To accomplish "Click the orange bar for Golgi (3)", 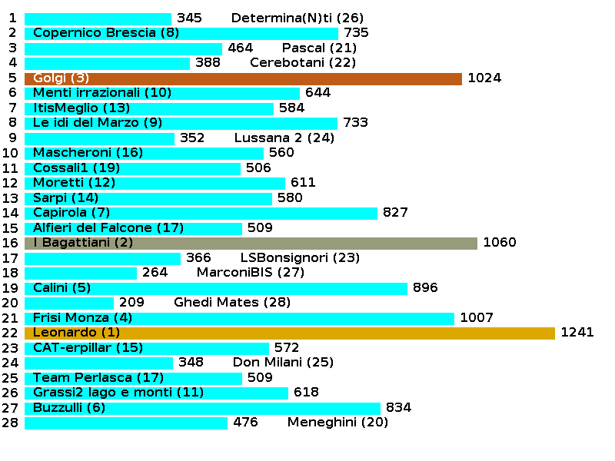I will [x=243, y=78].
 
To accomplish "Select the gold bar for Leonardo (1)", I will [x=289, y=333].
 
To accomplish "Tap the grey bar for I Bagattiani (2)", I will [x=251, y=243].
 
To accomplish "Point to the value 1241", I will [x=577, y=333].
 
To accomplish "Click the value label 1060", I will [x=500, y=243].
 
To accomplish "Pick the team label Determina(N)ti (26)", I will [x=297, y=18].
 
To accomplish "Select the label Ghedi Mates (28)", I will [x=232, y=303].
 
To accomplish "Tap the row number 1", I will [x=12, y=18].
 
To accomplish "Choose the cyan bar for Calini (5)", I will [x=215, y=288].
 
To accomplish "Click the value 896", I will [x=425, y=288].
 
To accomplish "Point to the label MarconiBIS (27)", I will [x=251, y=273].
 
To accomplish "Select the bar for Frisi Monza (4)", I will [x=239, y=318].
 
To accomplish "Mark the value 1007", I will [x=477, y=318].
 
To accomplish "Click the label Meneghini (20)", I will [x=337, y=423].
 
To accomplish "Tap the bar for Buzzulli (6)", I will [x=202, y=408].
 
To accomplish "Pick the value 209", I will [x=131, y=303].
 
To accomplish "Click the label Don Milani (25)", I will [x=283, y=363].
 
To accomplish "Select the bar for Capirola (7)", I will [x=201, y=213].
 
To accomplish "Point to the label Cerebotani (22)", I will [x=303, y=63].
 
